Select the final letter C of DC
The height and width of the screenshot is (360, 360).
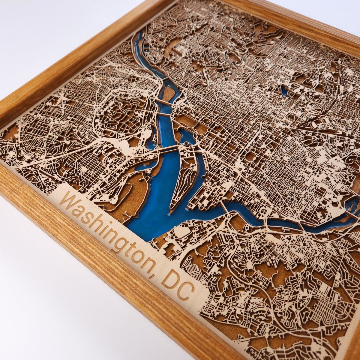pos(186,291)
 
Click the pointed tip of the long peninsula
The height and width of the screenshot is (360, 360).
pos(171,207)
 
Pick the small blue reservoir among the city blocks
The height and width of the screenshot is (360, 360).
pos(284,90)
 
